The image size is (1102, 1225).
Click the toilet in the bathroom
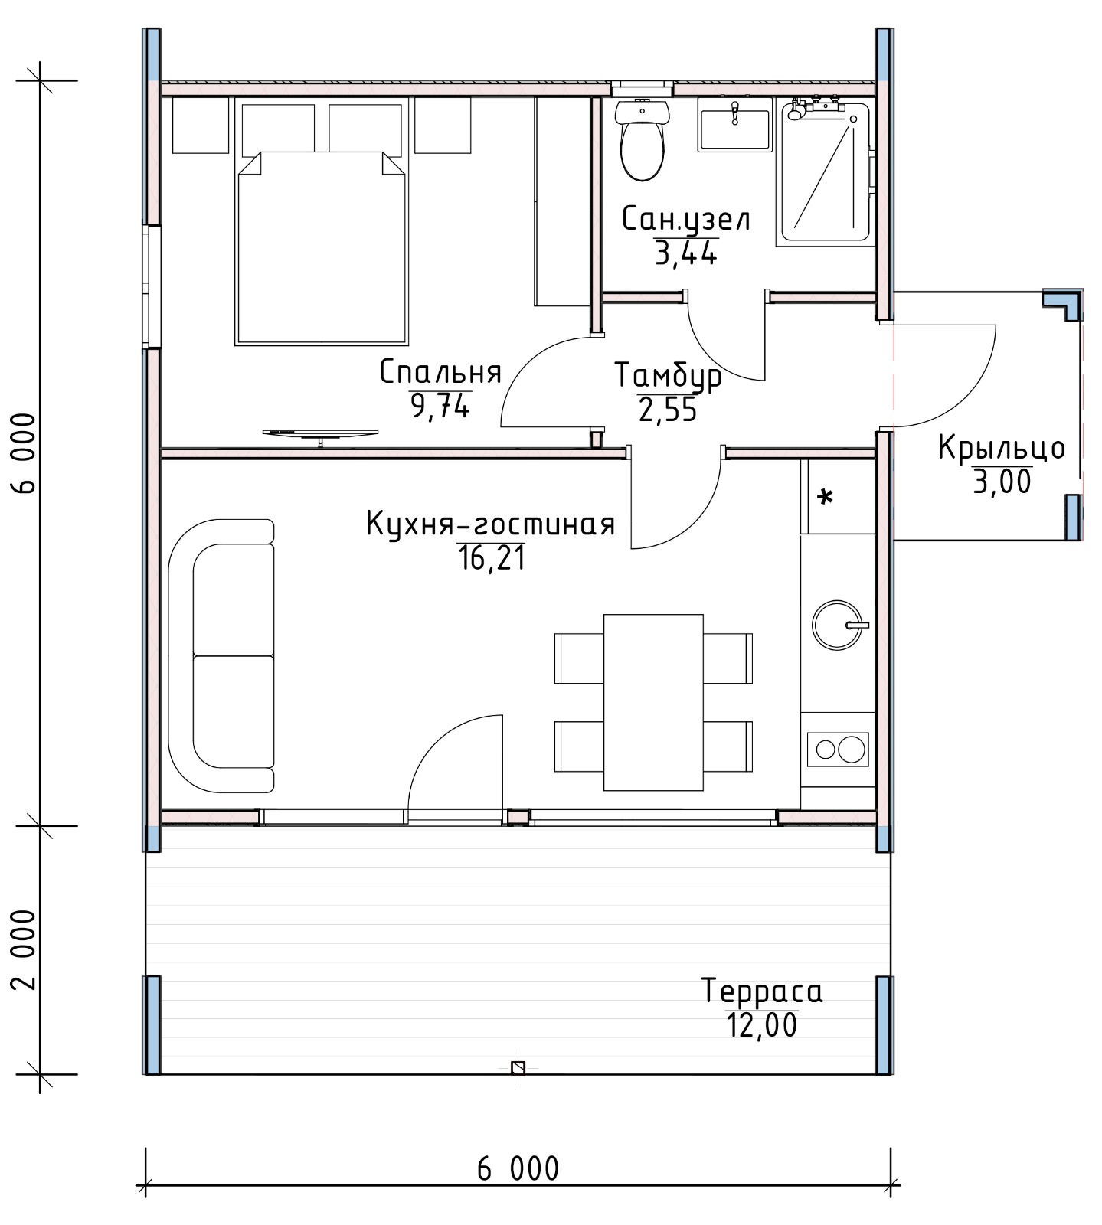pos(643,140)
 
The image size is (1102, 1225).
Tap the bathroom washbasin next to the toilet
pos(734,129)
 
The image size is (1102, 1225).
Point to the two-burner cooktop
pos(838,749)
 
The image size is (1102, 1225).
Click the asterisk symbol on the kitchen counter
pos(825,498)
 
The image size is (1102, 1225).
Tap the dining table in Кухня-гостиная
pos(653,702)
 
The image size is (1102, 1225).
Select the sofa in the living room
pos(221,656)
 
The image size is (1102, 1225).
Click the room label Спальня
pos(440,373)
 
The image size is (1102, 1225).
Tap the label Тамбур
pos(668,377)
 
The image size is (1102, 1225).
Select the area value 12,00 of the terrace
pos(762,1025)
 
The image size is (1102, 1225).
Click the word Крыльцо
pos(1002,449)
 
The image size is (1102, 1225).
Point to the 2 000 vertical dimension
pos(25,949)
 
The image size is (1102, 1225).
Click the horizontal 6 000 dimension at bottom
pos(518,1170)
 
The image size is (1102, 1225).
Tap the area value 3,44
pos(685,253)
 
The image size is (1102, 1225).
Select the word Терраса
pos(762,991)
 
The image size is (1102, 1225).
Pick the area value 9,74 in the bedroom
pos(440,406)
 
